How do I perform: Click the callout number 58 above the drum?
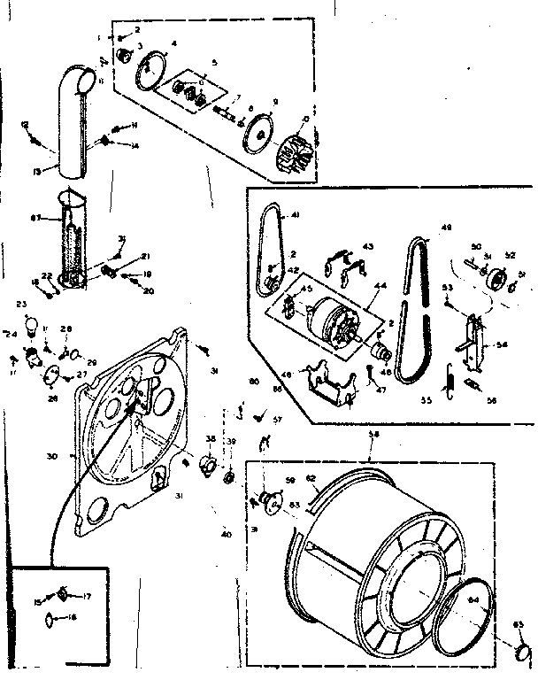click(373, 435)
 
